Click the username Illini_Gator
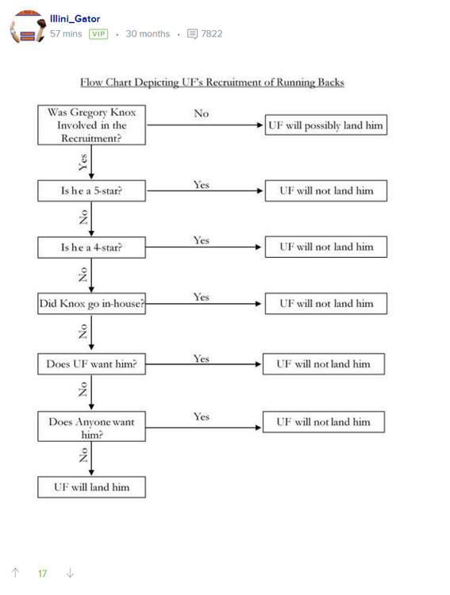tap(75, 18)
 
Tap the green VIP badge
tap(98, 34)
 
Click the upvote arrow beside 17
tap(15, 573)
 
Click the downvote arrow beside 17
tap(70, 573)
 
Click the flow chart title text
tap(212, 83)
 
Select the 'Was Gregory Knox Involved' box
tap(91, 125)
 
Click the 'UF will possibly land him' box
tap(325, 125)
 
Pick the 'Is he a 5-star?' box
tap(91, 191)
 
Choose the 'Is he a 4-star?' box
tap(91, 248)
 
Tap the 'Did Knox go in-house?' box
tap(91, 304)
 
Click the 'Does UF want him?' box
tap(91, 365)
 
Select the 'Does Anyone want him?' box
tap(91, 428)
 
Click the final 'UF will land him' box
tap(91, 487)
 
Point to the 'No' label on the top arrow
tap(201, 114)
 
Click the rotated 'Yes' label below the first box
tap(83, 163)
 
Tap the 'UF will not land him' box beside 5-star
tap(325, 191)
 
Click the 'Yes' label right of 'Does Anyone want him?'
tap(201, 416)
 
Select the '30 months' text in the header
tap(148, 34)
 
